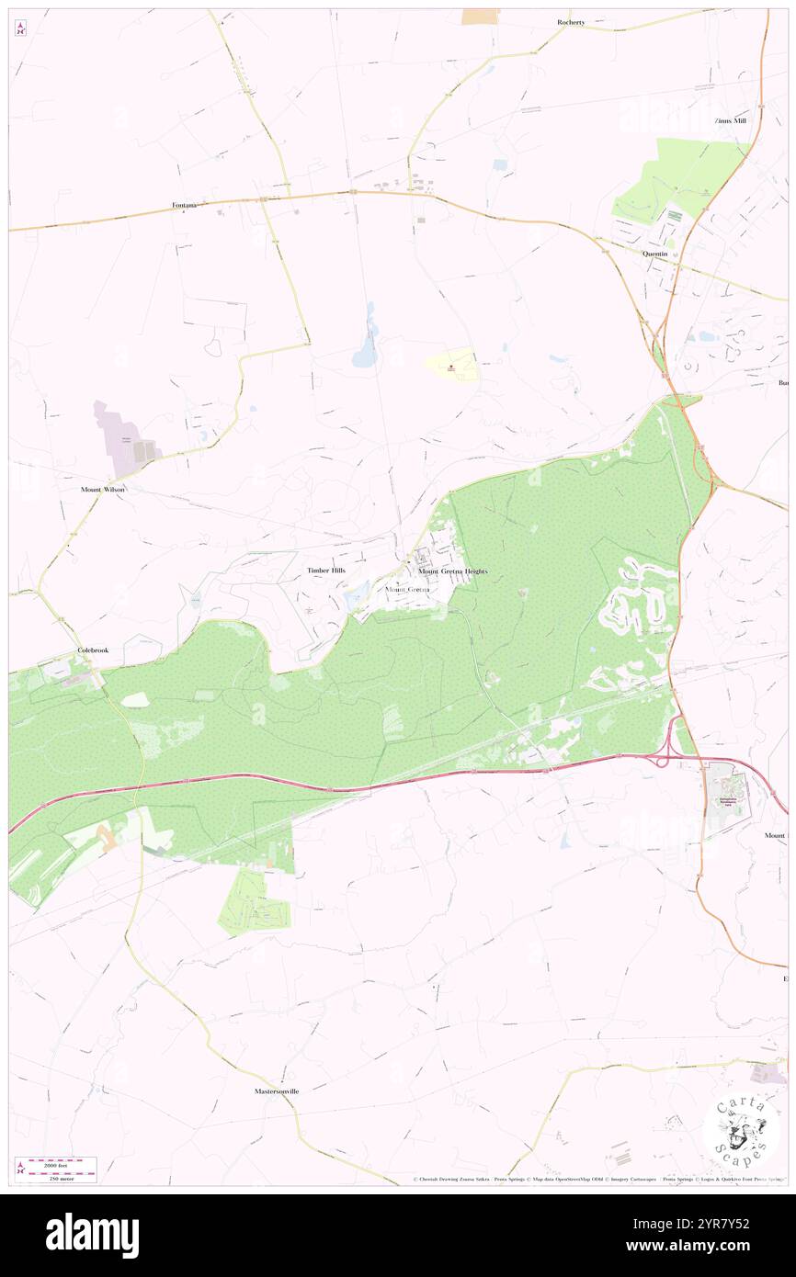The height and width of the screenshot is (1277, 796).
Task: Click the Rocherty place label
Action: point(570,21)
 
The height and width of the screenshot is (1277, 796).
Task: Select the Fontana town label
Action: point(185,204)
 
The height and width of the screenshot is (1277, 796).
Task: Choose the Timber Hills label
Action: point(326,571)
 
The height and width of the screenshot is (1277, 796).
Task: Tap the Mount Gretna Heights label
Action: point(453,571)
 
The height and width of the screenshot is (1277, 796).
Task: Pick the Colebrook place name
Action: point(93,650)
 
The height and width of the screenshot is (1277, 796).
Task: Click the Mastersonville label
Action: point(277,1091)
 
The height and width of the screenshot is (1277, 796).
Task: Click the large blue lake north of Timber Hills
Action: point(366,347)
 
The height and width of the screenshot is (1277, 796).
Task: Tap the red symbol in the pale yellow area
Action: point(451,368)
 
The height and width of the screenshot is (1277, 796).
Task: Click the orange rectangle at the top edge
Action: point(480,16)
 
